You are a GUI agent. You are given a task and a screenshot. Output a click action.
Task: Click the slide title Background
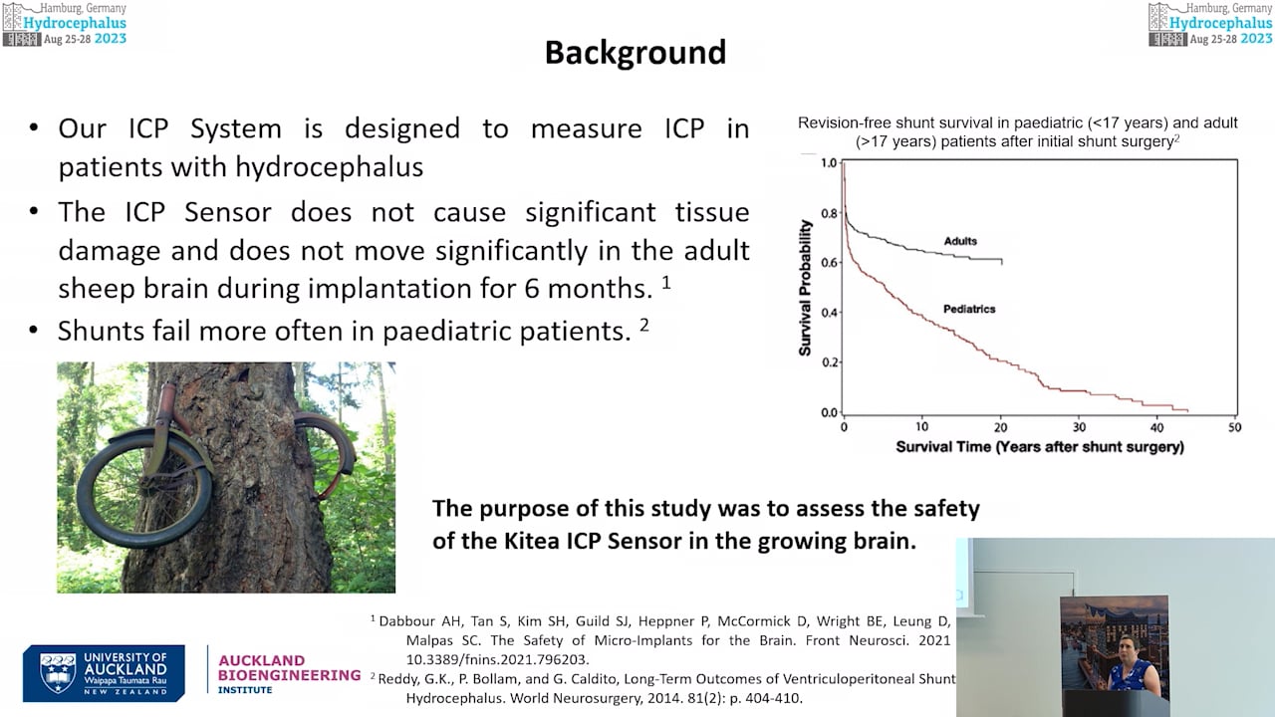[636, 53]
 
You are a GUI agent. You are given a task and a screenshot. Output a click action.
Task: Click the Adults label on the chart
[960, 241]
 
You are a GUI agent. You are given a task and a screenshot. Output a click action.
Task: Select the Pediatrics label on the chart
[969, 309]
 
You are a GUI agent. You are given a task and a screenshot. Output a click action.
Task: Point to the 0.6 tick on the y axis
[828, 263]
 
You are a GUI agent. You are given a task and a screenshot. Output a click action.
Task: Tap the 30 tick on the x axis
[1079, 427]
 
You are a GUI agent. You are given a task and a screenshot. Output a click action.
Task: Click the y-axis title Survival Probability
[805, 288]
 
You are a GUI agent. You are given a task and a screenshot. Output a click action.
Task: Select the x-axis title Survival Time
[1039, 447]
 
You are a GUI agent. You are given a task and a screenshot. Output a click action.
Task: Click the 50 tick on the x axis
[1235, 427]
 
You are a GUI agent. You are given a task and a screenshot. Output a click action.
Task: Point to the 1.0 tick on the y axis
[828, 162]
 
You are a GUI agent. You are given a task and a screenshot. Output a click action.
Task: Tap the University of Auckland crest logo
[58, 673]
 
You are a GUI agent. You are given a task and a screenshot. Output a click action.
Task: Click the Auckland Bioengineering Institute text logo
[289, 674]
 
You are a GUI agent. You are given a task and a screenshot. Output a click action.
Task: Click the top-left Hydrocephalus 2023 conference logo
[65, 24]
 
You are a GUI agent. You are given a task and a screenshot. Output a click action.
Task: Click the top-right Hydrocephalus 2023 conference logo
[1210, 24]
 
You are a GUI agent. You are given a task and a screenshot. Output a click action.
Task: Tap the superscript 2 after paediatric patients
[644, 325]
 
